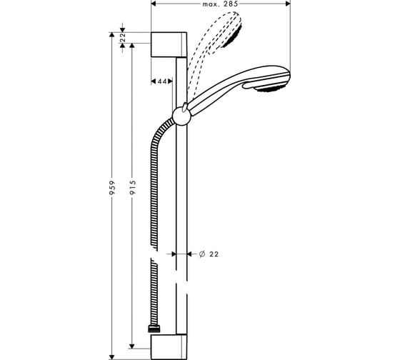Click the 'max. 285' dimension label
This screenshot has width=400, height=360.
point(220,4)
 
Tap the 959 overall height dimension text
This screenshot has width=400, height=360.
point(112,188)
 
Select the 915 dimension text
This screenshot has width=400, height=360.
point(132,188)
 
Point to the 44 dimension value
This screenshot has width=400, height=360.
point(162,81)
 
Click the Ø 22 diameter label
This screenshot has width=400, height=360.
point(209,254)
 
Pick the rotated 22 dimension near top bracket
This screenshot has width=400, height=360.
point(123,38)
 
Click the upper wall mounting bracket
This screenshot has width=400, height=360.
point(169,45)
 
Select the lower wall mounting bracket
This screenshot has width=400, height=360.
point(169,347)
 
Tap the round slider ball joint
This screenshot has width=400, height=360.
point(181,117)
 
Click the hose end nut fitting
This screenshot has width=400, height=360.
point(154,329)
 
